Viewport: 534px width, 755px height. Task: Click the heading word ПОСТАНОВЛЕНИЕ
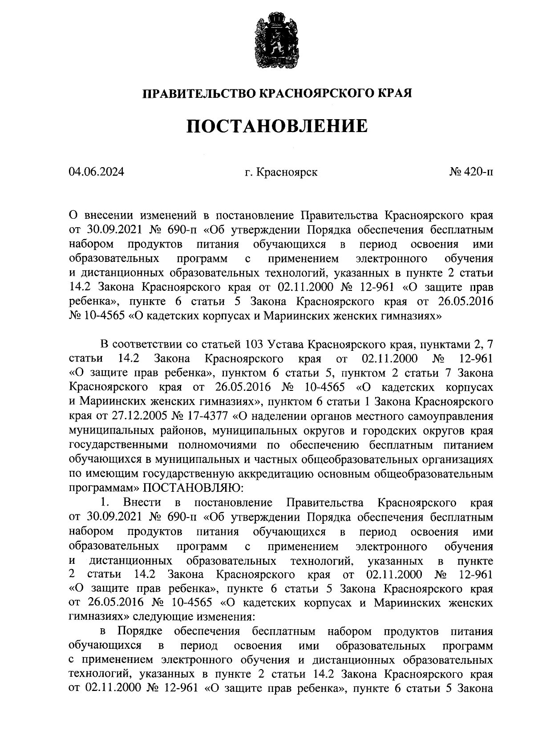pyautogui.click(x=276, y=126)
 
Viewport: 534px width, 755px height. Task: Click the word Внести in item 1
pyautogui.click(x=142, y=503)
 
